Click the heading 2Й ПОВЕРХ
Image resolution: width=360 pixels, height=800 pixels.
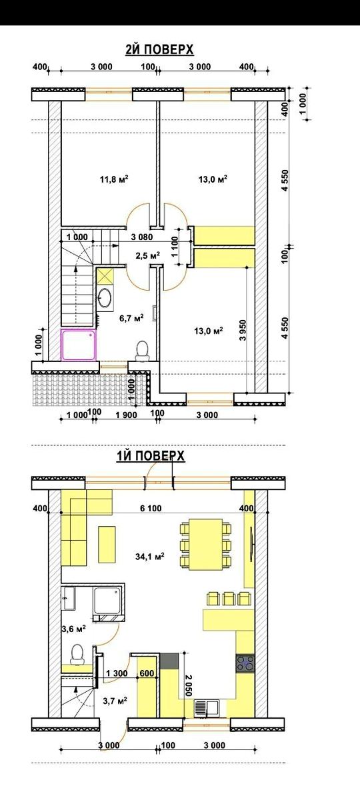pos(159,49)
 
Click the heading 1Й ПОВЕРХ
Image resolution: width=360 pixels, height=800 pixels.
pos(151,456)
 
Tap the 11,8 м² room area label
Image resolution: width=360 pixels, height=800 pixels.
pos(114,179)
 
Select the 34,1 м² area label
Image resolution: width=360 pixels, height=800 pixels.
pos(150,556)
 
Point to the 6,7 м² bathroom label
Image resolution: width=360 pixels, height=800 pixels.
pos(131,317)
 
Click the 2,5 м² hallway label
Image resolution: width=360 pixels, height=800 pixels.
pos(147,255)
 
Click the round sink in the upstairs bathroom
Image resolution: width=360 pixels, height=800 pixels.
pos(105,297)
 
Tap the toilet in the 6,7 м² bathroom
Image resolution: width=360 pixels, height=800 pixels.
pos(143,351)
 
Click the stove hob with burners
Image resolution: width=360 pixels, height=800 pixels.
pos(245,664)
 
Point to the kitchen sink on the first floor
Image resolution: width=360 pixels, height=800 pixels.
pos(207,708)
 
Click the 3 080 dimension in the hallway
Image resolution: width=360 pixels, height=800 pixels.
pos(142,237)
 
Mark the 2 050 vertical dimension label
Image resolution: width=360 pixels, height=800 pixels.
pos(189,684)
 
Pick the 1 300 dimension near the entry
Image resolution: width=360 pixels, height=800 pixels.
pos(117,673)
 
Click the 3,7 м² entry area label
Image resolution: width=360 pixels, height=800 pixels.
pos(115,701)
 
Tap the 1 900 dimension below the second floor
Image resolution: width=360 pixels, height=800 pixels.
pos(126,415)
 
